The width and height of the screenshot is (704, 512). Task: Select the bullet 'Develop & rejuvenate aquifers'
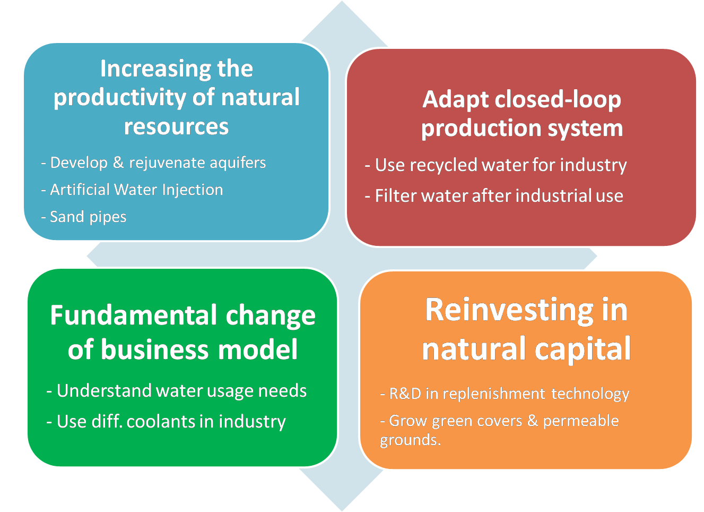[x=153, y=163]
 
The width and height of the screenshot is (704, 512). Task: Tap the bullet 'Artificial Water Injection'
[x=132, y=190]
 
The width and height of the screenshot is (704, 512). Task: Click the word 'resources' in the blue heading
[x=176, y=126]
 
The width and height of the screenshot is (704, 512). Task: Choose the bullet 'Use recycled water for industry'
[x=496, y=165]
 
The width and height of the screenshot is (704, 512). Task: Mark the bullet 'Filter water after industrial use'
[x=494, y=196]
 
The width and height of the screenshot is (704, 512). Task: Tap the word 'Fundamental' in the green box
[x=133, y=315]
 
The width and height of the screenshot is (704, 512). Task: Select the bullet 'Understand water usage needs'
[x=177, y=391]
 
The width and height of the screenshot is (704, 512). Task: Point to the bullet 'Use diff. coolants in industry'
[x=166, y=422]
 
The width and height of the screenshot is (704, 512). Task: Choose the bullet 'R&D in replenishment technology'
[x=505, y=394]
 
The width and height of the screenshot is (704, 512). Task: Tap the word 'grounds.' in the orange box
[x=410, y=440]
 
